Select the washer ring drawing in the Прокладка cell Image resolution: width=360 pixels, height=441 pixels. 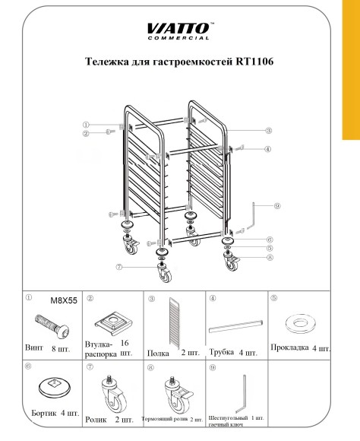coord(298,323)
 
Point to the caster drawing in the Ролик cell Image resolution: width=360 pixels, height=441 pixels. coord(111,392)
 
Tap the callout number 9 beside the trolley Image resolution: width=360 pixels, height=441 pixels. coord(278,205)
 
